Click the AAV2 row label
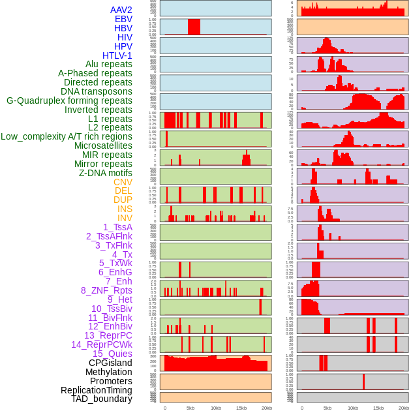(x=121, y=10)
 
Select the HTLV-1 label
(x=117, y=55)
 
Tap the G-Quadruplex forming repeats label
(x=69, y=100)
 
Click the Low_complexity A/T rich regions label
(x=67, y=136)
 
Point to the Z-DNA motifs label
(x=106, y=173)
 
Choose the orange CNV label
(x=123, y=182)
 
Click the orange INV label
(x=125, y=218)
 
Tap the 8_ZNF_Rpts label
(x=106, y=290)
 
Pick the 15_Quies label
(x=112, y=353)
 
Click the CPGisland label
(x=110, y=363)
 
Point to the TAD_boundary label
(x=102, y=399)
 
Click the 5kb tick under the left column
(x=190, y=408)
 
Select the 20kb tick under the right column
(x=404, y=408)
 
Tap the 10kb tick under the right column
(x=353, y=408)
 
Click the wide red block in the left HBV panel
(x=194, y=27)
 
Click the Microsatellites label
(x=103, y=145)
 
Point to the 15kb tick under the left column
(x=241, y=408)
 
